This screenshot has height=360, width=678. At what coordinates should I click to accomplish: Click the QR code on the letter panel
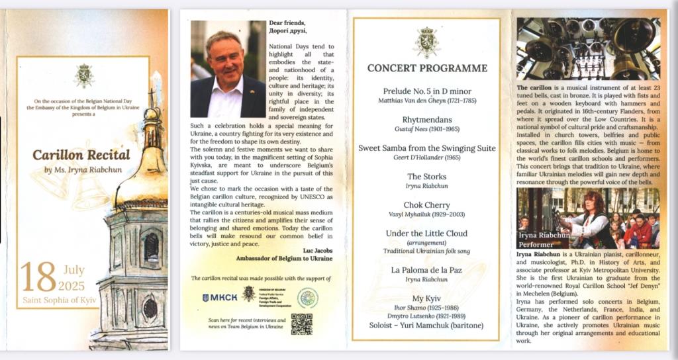point(301,324)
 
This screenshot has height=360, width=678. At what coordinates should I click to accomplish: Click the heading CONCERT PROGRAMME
point(427,67)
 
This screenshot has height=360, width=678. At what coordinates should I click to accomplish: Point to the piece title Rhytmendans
point(427,120)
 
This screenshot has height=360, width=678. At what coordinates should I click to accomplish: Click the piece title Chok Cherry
point(427,205)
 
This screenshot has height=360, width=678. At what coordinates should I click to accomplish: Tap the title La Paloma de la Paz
point(427,270)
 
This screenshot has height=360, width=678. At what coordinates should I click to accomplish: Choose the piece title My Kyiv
point(427,299)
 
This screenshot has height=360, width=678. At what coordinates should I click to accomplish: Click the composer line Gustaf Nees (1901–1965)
point(427,129)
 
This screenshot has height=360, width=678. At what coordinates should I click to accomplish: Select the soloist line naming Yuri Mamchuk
point(427,325)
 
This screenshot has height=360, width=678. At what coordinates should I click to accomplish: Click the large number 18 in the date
point(38,277)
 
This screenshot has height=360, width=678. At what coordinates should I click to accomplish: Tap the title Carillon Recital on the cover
point(81,155)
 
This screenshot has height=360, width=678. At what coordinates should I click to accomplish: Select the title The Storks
point(427,177)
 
